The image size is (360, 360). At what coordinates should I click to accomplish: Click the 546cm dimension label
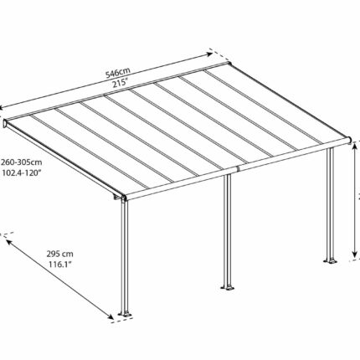click(117, 73)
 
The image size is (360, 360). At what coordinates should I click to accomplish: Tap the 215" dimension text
click(120, 84)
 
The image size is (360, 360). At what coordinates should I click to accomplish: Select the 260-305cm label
click(22, 162)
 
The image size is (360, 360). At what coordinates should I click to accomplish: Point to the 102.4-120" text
click(22, 172)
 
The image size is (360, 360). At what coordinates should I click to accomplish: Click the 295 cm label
click(59, 254)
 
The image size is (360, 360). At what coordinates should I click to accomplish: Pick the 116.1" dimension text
click(60, 264)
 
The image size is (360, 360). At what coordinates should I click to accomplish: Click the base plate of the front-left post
click(126, 314)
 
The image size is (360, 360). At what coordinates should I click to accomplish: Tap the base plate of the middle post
click(228, 287)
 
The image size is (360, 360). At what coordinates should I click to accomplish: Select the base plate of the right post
click(330, 261)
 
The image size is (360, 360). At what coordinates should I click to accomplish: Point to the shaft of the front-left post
click(125, 256)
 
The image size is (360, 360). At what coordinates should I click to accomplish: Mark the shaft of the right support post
click(331, 203)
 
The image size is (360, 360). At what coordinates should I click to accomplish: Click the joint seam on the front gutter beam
click(238, 169)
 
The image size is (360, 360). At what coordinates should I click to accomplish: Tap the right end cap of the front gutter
click(350, 141)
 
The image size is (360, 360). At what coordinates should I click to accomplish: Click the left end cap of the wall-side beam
click(5, 123)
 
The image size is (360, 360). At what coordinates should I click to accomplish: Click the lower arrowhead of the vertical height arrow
click(354, 254)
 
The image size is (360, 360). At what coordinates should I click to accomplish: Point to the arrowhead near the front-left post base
click(111, 316)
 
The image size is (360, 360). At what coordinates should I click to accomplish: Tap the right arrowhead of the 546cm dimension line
click(209, 54)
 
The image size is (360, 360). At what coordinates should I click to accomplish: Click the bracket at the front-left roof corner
click(119, 197)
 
